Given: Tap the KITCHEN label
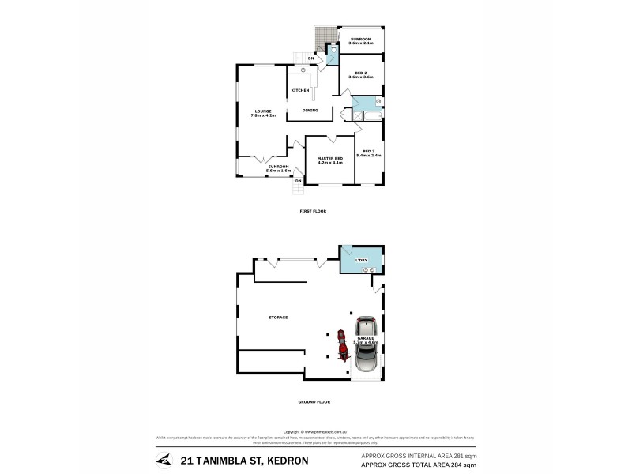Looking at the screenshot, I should click(x=300, y=92).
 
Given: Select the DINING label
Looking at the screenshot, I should click(x=310, y=110).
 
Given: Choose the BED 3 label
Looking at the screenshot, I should click(x=368, y=153).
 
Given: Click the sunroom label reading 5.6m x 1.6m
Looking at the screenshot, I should click(x=277, y=168).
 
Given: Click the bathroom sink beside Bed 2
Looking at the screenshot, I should click(x=378, y=102).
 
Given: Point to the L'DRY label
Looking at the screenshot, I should click(x=362, y=260).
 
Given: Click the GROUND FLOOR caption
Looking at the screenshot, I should click(x=314, y=401).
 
